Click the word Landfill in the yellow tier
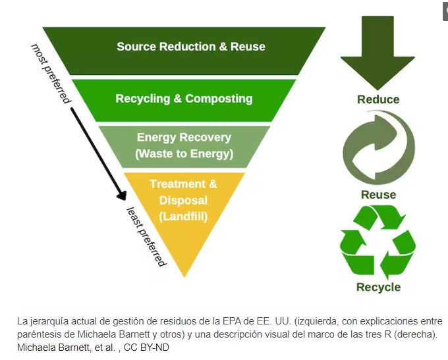tap(183, 215)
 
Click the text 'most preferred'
tap(51, 73)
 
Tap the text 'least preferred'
tap(146, 236)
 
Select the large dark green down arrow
tap(378, 53)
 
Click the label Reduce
tap(378, 99)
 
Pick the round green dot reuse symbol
tap(378, 148)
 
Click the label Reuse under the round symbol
tap(378, 195)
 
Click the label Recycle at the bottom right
tap(378, 287)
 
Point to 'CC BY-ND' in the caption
tap(146, 347)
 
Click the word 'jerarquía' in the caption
tap(49, 322)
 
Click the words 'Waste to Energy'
tap(184, 154)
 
